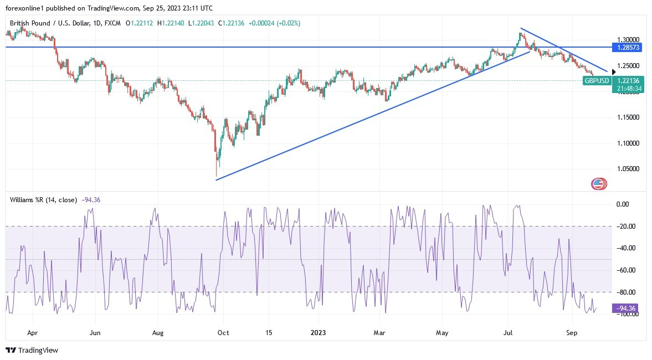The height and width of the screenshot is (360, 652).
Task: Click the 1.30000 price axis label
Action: click(x=628, y=40)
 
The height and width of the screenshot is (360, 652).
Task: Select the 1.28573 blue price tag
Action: click(x=628, y=48)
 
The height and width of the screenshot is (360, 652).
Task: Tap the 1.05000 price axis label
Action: click(x=628, y=169)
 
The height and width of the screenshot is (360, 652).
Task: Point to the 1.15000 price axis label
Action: click(x=628, y=117)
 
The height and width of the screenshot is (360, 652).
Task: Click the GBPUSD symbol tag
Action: click(x=597, y=81)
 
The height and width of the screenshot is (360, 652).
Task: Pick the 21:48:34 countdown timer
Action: click(x=628, y=89)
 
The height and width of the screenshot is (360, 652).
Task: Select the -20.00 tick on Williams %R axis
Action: click(x=626, y=226)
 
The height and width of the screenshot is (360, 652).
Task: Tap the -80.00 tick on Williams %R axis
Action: click(x=626, y=292)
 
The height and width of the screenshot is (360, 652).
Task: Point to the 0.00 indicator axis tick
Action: click(x=623, y=204)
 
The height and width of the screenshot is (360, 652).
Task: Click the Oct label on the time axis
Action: click(x=223, y=333)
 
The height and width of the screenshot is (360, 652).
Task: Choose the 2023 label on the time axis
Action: click(x=318, y=333)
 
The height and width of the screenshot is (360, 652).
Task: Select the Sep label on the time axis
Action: click(x=572, y=333)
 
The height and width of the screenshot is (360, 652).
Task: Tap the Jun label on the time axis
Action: click(x=95, y=333)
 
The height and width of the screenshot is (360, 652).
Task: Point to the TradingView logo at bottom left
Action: click(x=32, y=350)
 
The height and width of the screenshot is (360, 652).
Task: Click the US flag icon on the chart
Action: click(x=598, y=184)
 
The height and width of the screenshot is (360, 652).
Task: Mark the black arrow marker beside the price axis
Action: click(x=612, y=71)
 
